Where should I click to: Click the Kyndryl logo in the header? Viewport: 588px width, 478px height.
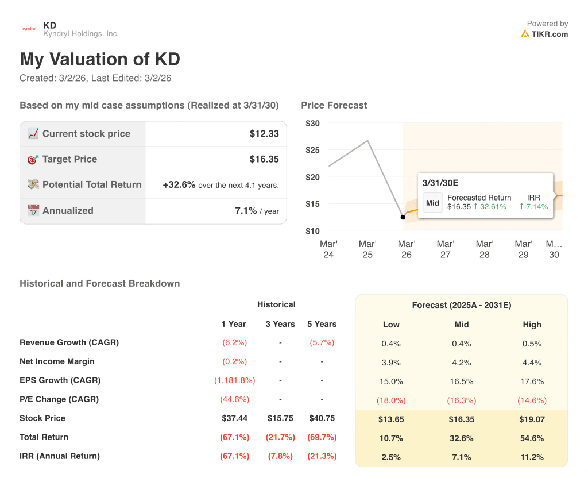29,29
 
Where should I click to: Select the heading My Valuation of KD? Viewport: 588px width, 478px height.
100,59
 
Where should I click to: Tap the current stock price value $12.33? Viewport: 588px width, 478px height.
264,134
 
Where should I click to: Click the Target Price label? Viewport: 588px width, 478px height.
69,159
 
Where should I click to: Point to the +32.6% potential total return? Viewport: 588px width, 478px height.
179,185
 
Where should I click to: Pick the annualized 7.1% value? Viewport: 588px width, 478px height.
246,211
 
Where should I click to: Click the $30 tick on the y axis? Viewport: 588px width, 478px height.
313,124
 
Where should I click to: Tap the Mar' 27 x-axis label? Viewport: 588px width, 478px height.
446,249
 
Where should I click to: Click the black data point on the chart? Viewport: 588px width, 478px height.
403,217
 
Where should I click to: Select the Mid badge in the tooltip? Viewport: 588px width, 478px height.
432,203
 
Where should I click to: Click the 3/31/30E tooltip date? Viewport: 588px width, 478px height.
440,183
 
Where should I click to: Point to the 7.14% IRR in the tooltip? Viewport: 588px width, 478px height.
533,206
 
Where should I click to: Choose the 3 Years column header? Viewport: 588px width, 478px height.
280,324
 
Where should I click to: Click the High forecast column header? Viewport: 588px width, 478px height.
532,325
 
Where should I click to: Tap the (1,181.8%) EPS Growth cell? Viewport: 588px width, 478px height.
234,380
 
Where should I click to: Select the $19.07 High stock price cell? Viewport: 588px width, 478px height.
532,420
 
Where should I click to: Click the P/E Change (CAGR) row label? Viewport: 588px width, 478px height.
59,399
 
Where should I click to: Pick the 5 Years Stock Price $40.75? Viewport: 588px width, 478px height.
322,418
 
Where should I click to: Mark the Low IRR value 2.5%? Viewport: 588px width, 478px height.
390,457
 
